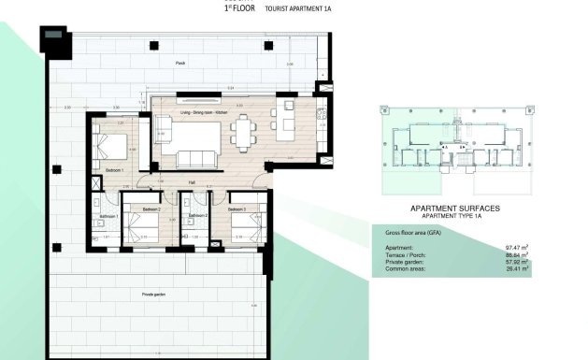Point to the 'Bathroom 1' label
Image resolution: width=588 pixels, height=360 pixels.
106,216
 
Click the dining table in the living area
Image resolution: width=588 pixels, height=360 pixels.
245,134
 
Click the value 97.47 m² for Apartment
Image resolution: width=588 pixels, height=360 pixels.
517,248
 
